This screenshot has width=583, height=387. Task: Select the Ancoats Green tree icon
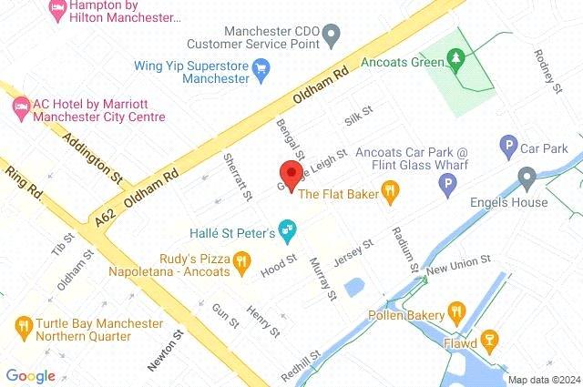pos(456,61)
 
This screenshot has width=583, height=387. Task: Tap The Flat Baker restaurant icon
pos(391,190)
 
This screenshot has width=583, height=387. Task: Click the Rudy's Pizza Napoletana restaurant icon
pos(240,264)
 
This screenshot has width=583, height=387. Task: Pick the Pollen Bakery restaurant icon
pos(456,316)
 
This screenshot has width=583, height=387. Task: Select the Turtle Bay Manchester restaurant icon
pos(23,325)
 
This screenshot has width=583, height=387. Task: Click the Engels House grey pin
pos(526,177)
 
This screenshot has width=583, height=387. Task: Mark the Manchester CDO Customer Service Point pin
pos(332,36)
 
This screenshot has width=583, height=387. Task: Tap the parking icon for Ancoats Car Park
pos(447,188)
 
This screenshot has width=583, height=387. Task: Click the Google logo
pos(30,376)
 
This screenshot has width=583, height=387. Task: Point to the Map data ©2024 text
pos(543,380)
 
